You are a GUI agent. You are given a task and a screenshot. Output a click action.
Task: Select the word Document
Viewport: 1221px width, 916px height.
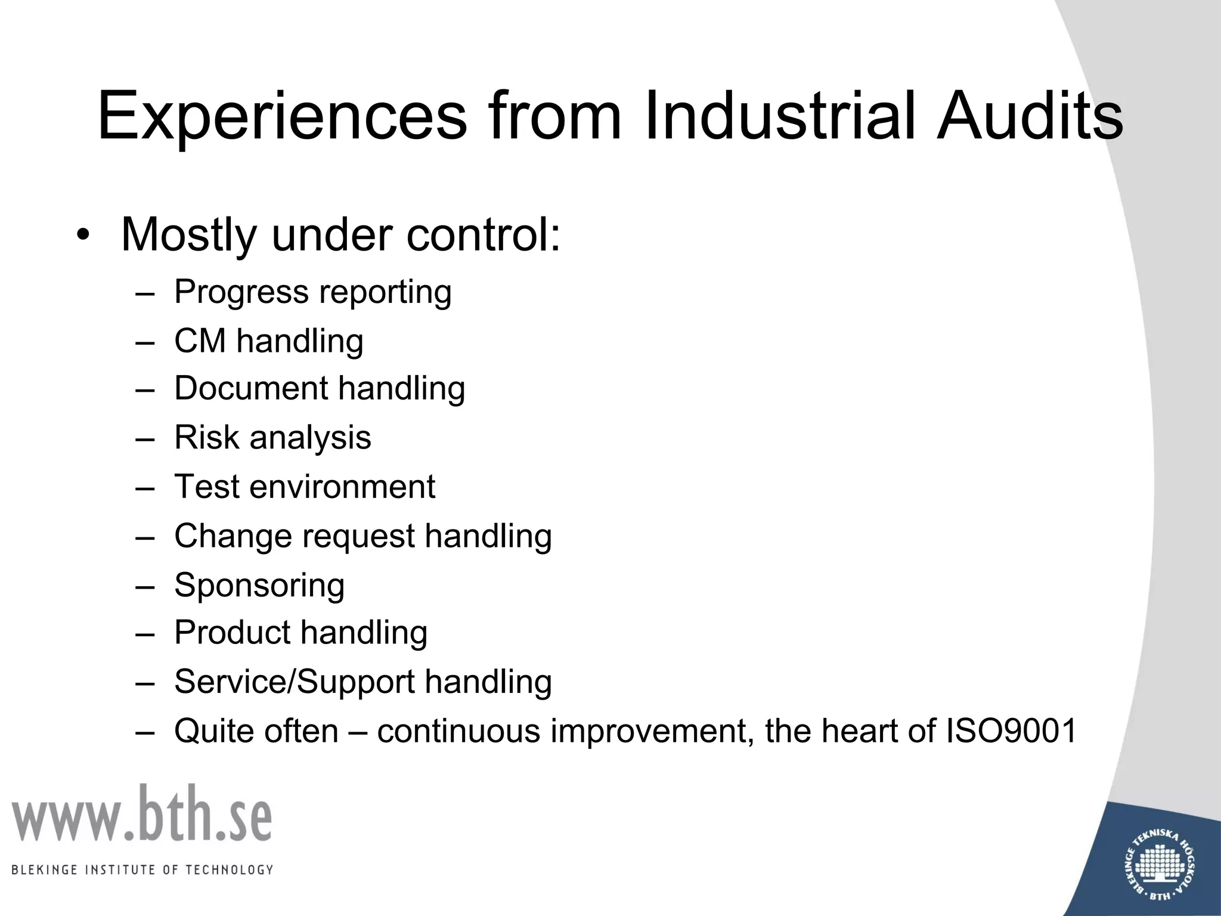[250, 388]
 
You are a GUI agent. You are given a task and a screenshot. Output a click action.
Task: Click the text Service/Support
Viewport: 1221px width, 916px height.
[294, 682]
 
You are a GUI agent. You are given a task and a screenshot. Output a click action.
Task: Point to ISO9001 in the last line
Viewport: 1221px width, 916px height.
[1011, 731]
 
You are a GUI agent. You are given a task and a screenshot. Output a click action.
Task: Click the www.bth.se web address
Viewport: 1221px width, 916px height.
[142, 815]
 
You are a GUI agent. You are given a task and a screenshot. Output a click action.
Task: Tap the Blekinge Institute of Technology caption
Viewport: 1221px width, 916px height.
[142, 869]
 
